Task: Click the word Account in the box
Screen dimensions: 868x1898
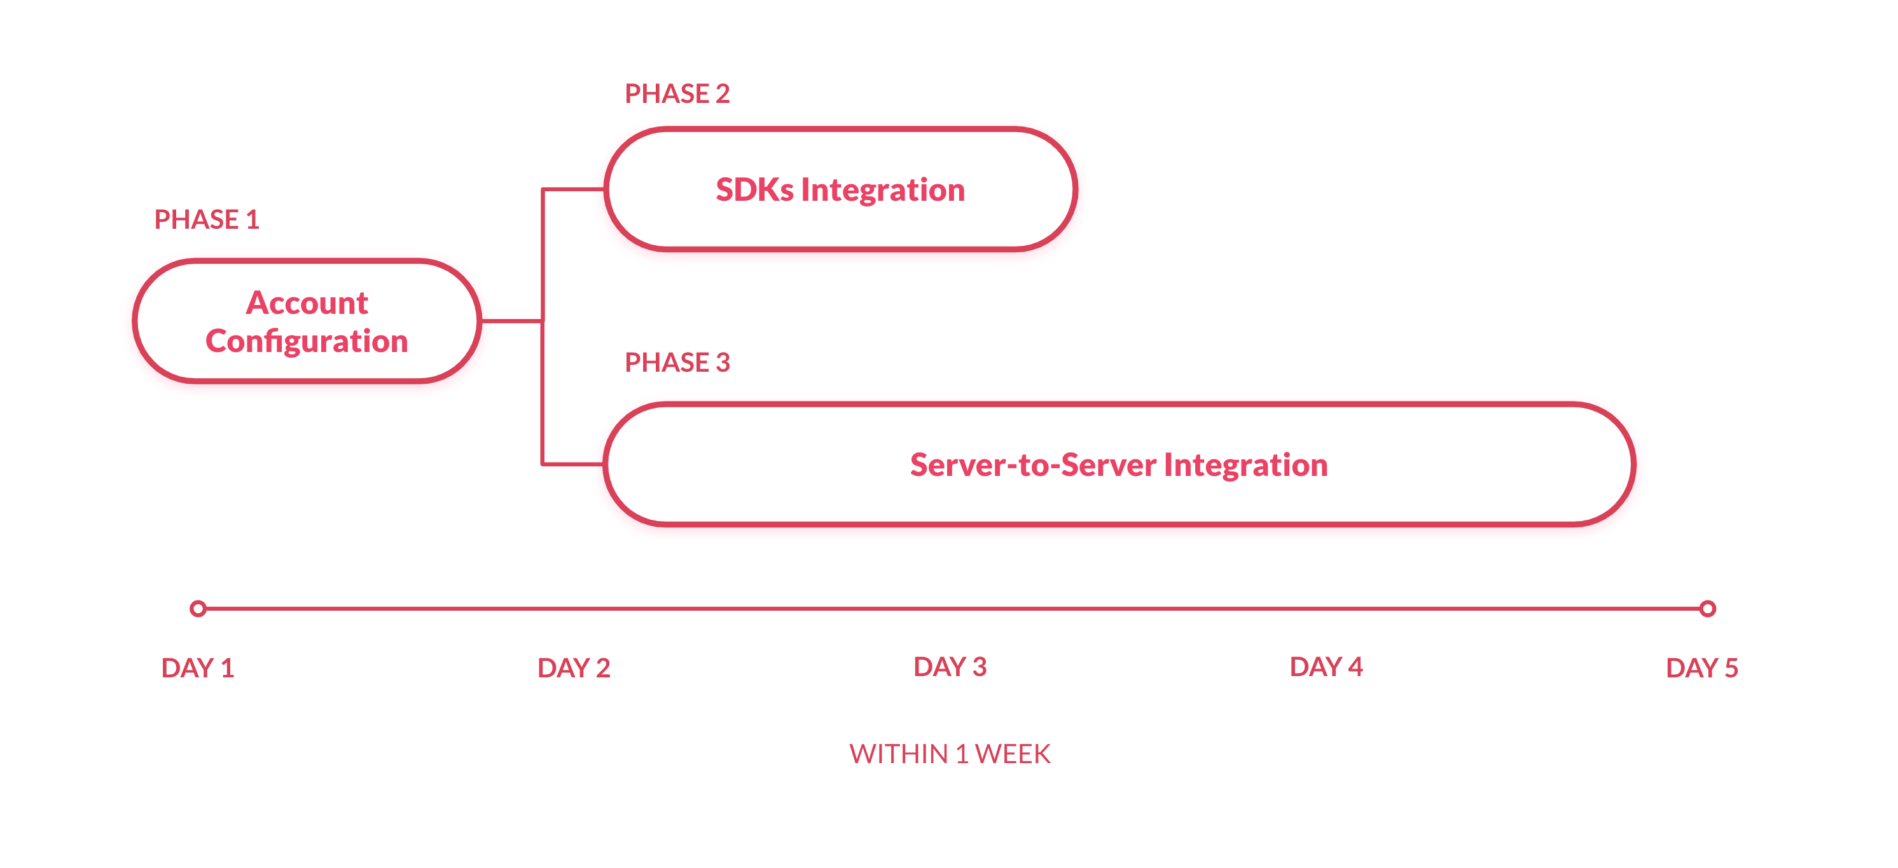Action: tap(307, 302)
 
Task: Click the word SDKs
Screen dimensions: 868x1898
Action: tap(754, 190)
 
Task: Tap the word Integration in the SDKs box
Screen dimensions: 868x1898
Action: tap(883, 190)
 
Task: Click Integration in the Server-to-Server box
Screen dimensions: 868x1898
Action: tap(1246, 465)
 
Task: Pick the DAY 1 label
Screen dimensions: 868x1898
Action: tap(197, 668)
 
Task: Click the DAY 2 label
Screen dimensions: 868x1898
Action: tap(573, 668)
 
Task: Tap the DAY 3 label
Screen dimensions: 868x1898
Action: tap(949, 667)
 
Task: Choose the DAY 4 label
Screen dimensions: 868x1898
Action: tap(1326, 667)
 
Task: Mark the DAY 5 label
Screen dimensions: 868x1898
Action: tap(1701, 668)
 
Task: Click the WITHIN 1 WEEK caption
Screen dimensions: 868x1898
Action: tap(949, 754)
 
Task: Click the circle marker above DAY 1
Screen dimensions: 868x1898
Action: tap(197, 609)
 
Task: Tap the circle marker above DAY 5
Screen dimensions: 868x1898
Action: tap(1707, 609)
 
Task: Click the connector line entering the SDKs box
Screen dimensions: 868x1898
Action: tap(574, 190)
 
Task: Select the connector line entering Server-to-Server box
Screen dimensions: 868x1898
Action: tap(574, 465)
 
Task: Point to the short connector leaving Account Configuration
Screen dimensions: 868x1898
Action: tap(511, 321)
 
